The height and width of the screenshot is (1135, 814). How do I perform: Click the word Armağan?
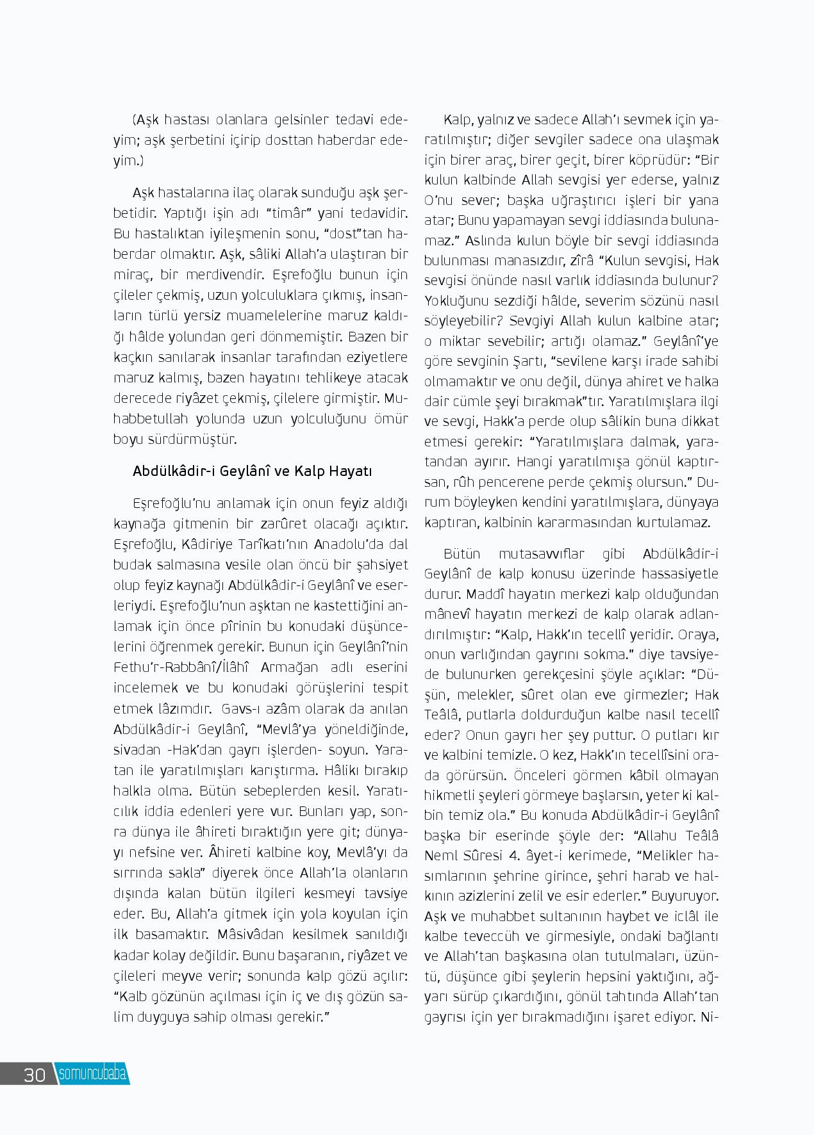click(x=292, y=667)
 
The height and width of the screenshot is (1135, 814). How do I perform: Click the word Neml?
click(x=439, y=856)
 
